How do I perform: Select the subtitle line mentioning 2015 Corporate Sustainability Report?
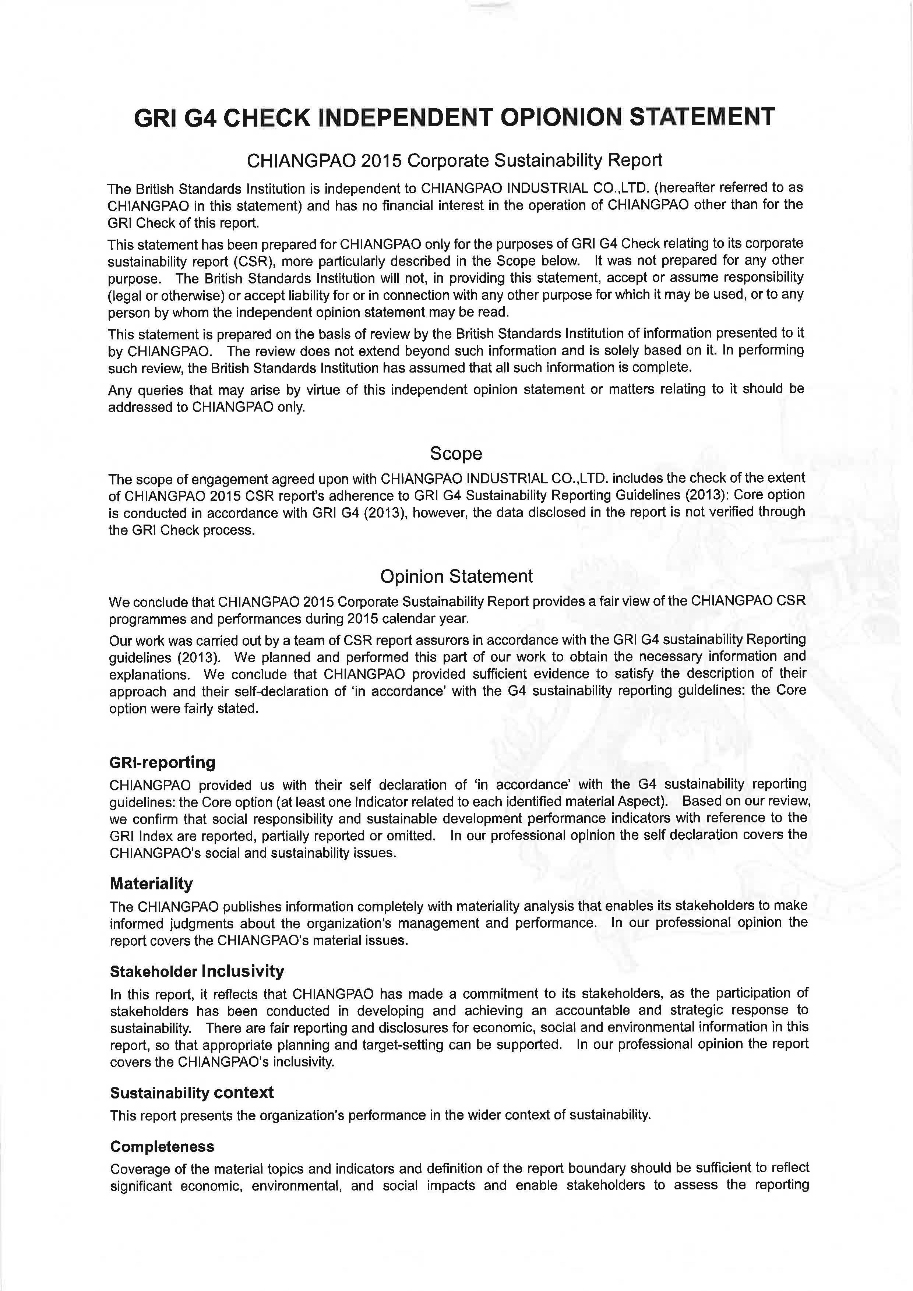454,161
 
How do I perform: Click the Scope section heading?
456,453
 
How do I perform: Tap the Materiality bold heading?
151,884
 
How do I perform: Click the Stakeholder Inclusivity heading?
197,971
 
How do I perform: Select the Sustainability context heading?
192,1093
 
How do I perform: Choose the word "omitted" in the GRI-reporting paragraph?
412,836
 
